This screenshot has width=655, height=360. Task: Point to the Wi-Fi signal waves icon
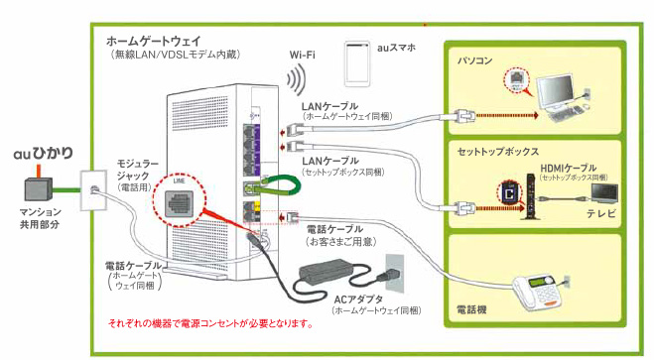[x=294, y=79]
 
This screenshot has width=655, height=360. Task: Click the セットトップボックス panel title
[x=498, y=152]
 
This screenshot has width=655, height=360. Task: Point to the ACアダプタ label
[x=359, y=299]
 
